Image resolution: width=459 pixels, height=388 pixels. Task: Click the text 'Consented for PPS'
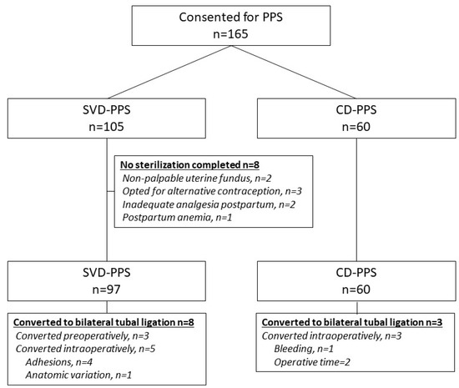click(231, 18)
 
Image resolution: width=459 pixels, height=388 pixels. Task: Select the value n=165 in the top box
click(231, 38)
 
